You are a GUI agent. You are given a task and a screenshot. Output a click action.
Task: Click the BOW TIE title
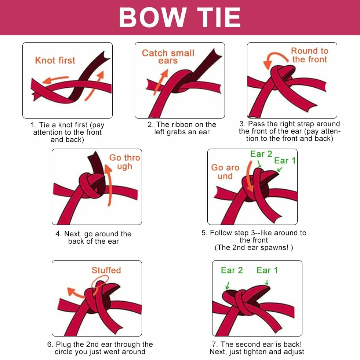(x=180, y=18)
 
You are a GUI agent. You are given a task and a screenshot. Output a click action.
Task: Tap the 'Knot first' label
(x=55, y=61)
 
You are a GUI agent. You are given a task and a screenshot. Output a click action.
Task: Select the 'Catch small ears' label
(x=168, y=57)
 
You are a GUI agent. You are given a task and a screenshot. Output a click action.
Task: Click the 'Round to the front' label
(x=309, y=55)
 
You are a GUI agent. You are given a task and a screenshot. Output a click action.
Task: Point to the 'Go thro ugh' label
(x=125, y=162)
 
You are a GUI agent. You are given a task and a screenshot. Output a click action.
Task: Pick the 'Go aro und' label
(x=225, y=172)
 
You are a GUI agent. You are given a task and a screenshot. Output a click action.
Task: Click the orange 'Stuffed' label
(x=106, y=270)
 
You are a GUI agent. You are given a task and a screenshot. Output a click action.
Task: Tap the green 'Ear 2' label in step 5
(x=261, y=154)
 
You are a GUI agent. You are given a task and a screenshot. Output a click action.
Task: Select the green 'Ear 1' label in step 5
(x=285, y=160)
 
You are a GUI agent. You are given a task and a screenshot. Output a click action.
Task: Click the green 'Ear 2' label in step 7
(x=232, y=270)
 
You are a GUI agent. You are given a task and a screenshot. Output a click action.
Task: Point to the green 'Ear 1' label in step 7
(x=267, y=270)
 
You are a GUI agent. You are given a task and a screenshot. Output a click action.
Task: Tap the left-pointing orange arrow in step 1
(x=55, y=79)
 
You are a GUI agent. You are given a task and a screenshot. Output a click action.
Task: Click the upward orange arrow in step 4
(x=109, y=184)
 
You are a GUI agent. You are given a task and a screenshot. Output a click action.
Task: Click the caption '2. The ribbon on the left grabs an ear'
(x=182, y=128)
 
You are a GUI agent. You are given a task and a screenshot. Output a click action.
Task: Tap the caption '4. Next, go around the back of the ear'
(x=94, y=237)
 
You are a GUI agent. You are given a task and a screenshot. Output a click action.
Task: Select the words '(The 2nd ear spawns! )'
(x=254, y=247)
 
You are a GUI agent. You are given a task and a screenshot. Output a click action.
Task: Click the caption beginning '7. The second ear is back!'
(x=257, y=348)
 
